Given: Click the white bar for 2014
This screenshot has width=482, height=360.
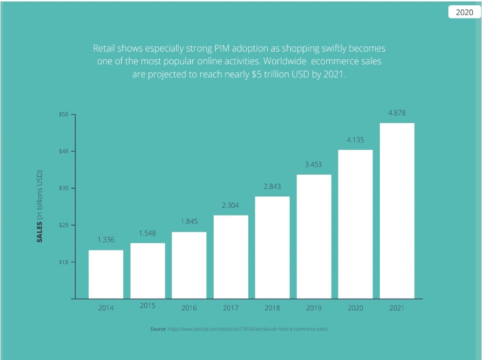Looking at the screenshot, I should (106, 274).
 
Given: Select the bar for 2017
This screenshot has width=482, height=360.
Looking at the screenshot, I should (231, 256).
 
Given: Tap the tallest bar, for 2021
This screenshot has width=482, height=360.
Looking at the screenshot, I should (397, 211).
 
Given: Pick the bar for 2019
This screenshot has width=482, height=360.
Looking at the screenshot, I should (314, 236).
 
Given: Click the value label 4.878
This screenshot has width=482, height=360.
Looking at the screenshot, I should (397, 113).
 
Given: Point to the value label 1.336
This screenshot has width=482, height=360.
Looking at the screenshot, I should (106, 239).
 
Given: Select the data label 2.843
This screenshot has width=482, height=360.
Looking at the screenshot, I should (272, 186).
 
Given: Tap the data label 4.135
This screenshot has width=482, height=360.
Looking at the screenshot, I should (355, 140).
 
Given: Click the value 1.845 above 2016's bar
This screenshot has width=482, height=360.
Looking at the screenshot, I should (189, 221).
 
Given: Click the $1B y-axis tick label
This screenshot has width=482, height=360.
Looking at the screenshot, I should (63, 262).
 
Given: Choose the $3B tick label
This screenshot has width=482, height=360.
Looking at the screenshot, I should (63, 188).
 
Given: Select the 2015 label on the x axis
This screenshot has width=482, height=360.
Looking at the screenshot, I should (148, 306).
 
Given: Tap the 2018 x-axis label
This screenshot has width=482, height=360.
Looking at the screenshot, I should (272, 308).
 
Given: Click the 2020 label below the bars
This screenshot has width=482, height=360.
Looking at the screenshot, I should (355, 308).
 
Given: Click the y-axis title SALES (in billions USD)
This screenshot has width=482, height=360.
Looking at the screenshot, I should (41, 207).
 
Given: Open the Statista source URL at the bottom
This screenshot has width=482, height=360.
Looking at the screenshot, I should (247, 329).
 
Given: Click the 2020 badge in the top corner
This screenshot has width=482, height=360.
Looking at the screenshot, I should (464, 13).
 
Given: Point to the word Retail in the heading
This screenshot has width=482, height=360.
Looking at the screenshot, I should (104, 49).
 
